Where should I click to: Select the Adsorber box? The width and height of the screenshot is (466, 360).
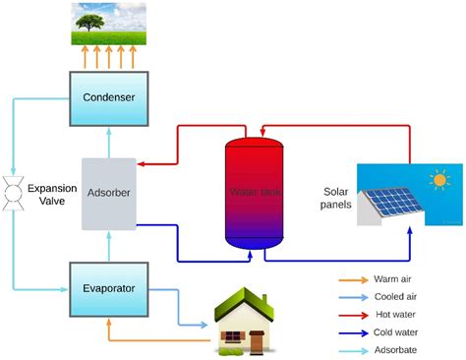[x=108, y=194]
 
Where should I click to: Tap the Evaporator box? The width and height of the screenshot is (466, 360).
[x=108, y=288]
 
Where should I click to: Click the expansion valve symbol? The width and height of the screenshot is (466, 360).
[x=14, y=192]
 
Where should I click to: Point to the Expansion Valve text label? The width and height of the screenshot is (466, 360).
[x=50, y=194]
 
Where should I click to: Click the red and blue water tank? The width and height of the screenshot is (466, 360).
[x=254, y=194]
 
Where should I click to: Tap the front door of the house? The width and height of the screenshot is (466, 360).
[x=258, y=341]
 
